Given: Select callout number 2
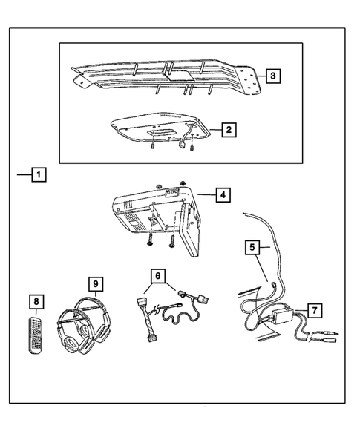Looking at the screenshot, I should point(229,130).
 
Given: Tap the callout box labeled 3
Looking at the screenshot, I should point(273,76).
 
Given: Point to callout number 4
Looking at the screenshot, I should point(221,195).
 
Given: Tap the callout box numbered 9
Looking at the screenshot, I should point(95,283).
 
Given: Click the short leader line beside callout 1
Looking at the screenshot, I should point(23,176).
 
